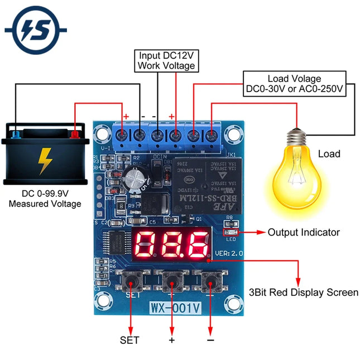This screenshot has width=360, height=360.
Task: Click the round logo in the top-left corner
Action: tap(35, 30)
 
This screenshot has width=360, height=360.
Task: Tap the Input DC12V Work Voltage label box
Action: tap(166, 60)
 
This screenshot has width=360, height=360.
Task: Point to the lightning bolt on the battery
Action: tap(43, 161)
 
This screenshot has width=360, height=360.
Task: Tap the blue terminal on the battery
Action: tap(17, 135)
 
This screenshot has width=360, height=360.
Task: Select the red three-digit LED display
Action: tap(171, 244)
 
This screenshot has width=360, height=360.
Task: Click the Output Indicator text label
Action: tap(304, 232)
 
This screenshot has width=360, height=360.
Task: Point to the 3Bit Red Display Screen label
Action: tap(303, 292)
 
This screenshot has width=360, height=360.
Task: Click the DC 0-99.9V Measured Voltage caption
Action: tap(45, 199)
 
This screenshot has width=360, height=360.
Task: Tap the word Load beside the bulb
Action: tap(329, 153)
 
